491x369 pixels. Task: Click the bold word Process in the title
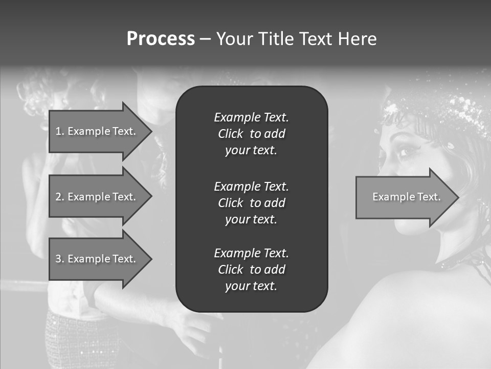click(161, 39)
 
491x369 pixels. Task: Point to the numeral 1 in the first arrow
click(58, 131)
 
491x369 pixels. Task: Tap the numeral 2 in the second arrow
click(58, 197)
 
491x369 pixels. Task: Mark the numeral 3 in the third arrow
click(58, 259)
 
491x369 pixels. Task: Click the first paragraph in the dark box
click(251, 134)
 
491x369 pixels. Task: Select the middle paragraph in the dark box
click(251, 203)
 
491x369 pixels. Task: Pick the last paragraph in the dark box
click(251, 270)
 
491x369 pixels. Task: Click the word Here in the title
click(358, 39)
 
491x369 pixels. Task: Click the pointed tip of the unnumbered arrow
click(456, 197)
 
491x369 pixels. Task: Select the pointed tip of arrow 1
click(150, 131)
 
